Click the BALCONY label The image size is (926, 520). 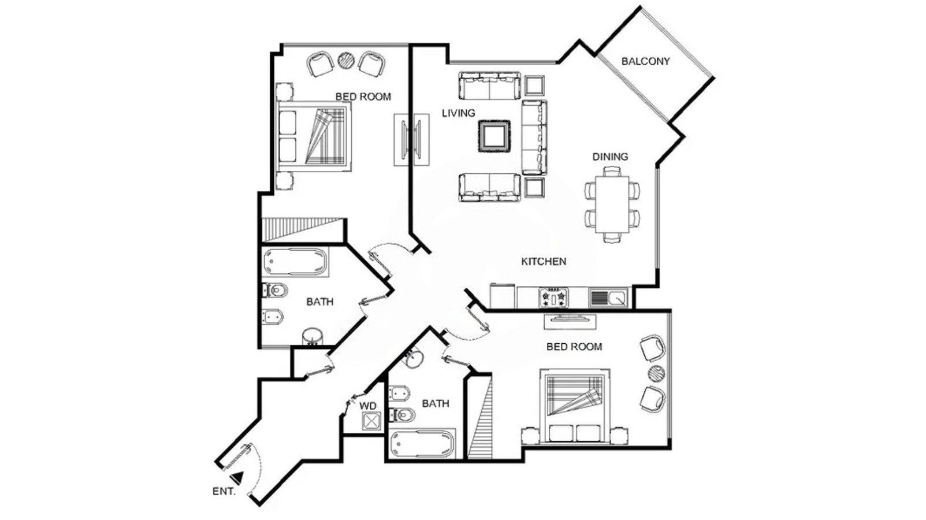click(x=645, y=61)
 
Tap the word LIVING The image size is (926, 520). click(x=459, y=113)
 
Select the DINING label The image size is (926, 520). click(x=610, y=157)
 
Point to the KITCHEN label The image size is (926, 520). click(x=544, y=261)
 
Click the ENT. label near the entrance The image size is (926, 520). click(x=224, y=492)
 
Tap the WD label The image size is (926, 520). click(x=368, y=406)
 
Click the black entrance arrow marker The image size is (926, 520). click(x=237, y=478)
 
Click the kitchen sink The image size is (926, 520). click(x=608, y=298)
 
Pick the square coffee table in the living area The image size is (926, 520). click(x=494, y=136)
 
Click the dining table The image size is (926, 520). click(x=612, y=205)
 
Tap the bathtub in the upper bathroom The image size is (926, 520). click(x=296, y=262)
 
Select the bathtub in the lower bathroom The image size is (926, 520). click(x=422, y=444)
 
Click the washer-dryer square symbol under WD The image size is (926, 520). click(x=371, y=421)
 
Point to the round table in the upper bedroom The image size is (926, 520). click(x=346, y=60)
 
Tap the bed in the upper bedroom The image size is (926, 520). click(x=314, y=136)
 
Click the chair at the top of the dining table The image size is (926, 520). click(x=612, y=170)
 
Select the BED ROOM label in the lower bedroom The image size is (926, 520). click(x=574, y=347)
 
